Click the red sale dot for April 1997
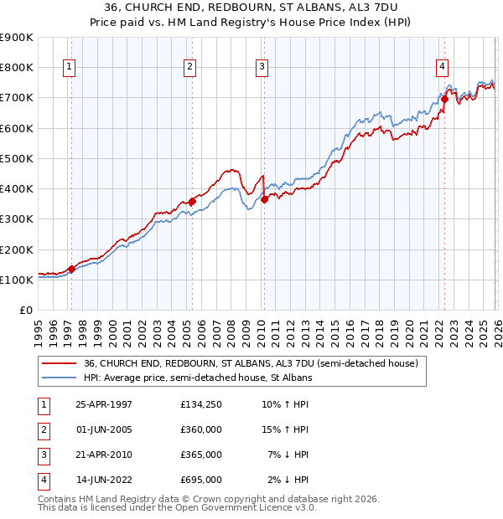[72, 269]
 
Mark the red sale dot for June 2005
[192, 201]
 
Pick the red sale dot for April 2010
[264, 199]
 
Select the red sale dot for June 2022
[444, 100]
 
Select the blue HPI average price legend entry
[197, 378]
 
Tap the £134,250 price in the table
[201, 404]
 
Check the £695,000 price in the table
[201, 480]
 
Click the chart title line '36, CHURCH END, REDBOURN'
[251, 7]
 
